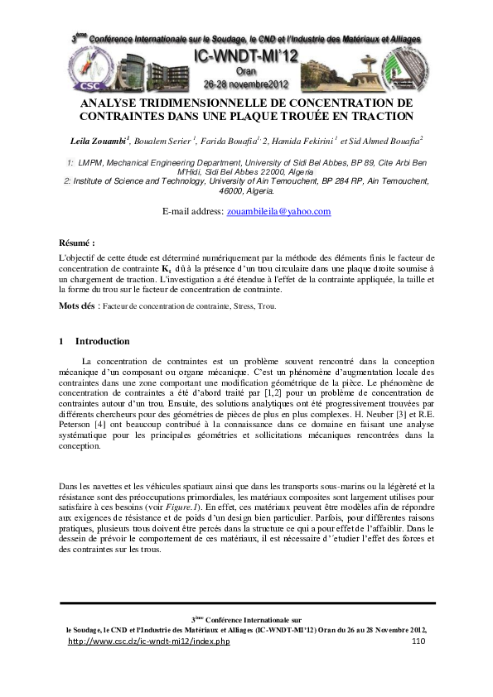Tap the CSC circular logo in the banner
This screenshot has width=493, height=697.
[x=87, y=83]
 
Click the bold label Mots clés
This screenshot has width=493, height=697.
[x=78, y=305]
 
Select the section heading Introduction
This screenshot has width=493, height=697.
[x=102, y=341]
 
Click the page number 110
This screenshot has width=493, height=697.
[x=418, y=642]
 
